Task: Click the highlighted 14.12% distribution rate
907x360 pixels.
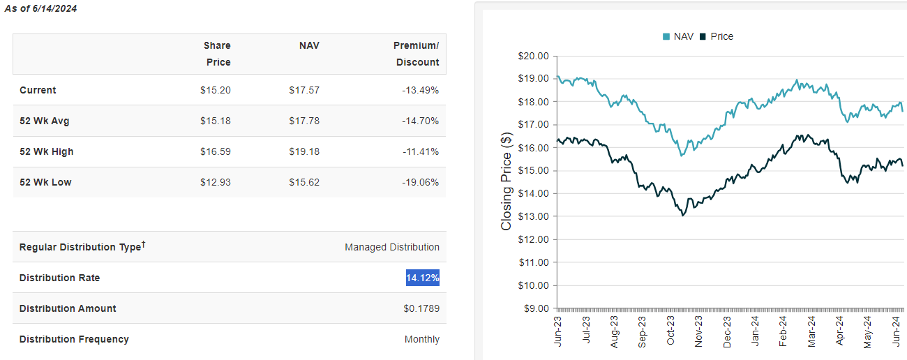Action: tap(423, 278)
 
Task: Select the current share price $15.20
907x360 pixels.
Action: tap(215, 90)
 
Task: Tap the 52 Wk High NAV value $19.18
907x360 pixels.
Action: tap(304, 151)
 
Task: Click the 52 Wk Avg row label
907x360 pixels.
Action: tap(45, 121)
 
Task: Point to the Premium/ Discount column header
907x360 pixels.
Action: tap(417, 54)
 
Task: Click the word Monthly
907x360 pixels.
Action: tap(422, 339)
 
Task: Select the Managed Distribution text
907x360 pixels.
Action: tap(392, 247)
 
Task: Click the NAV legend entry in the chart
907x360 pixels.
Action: tap(677, 36)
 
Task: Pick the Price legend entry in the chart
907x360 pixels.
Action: tap(717, 36)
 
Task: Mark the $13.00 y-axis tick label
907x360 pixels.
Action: tap(534, 216)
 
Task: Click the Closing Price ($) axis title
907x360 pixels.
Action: tap(507, 181)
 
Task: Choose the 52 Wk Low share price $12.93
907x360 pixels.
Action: tap(215, 182)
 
